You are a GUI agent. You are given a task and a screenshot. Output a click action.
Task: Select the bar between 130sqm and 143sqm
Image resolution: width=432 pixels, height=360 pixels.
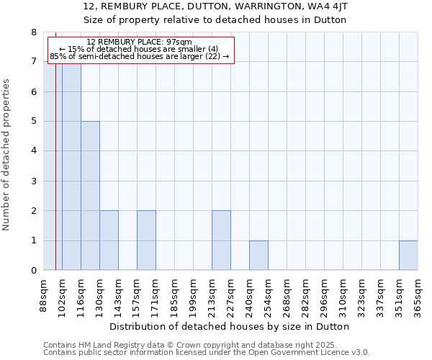(x=109, y=240)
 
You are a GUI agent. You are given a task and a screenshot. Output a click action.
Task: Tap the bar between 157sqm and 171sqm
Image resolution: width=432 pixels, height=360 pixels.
(x=146, y=240)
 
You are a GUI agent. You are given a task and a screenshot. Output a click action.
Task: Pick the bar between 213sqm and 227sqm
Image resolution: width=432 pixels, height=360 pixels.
(x=221, y=240)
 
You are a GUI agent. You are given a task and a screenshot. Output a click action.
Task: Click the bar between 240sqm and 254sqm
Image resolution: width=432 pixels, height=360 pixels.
(x=258, y=256)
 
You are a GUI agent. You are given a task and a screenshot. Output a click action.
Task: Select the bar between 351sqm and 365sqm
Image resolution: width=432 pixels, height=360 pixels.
(x=408, y=256)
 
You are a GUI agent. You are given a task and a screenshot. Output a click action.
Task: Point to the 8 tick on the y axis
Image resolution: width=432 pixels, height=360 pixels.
(x=33, y=32)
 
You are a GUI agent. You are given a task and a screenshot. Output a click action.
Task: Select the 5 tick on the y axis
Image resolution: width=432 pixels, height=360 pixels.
(x=33, y=122)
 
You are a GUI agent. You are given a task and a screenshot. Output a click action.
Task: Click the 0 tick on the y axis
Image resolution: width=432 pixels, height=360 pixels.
(x=33, y=271)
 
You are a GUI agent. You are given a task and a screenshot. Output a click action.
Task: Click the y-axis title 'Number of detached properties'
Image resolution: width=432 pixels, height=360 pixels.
(x=7, y=155)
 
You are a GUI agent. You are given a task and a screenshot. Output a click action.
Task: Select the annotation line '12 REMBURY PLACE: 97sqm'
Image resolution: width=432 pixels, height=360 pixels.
(x=139, y=42)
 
